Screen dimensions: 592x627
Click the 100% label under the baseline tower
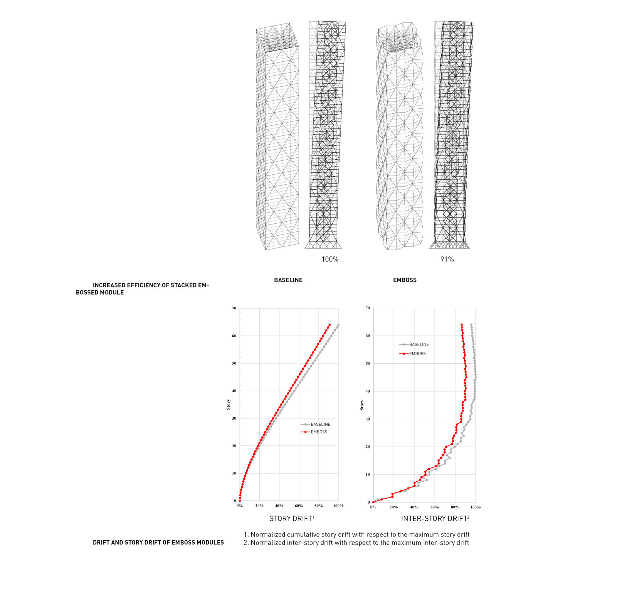330,259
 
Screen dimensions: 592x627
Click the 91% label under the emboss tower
447,259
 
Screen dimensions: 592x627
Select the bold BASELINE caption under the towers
288,280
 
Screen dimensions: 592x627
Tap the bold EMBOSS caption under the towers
405,280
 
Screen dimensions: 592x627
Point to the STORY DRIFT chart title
291,519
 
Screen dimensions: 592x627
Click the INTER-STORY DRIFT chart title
435,519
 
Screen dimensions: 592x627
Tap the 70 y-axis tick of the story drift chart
234,308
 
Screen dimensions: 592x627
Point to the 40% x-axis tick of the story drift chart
279,506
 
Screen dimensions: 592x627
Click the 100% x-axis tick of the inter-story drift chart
476,507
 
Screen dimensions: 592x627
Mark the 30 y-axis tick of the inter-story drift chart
368,419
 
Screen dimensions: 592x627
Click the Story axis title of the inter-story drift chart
362,405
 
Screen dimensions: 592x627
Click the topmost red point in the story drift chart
329,325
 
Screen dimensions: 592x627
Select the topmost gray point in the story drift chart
338,325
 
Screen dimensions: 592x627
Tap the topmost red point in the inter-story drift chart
461,325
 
